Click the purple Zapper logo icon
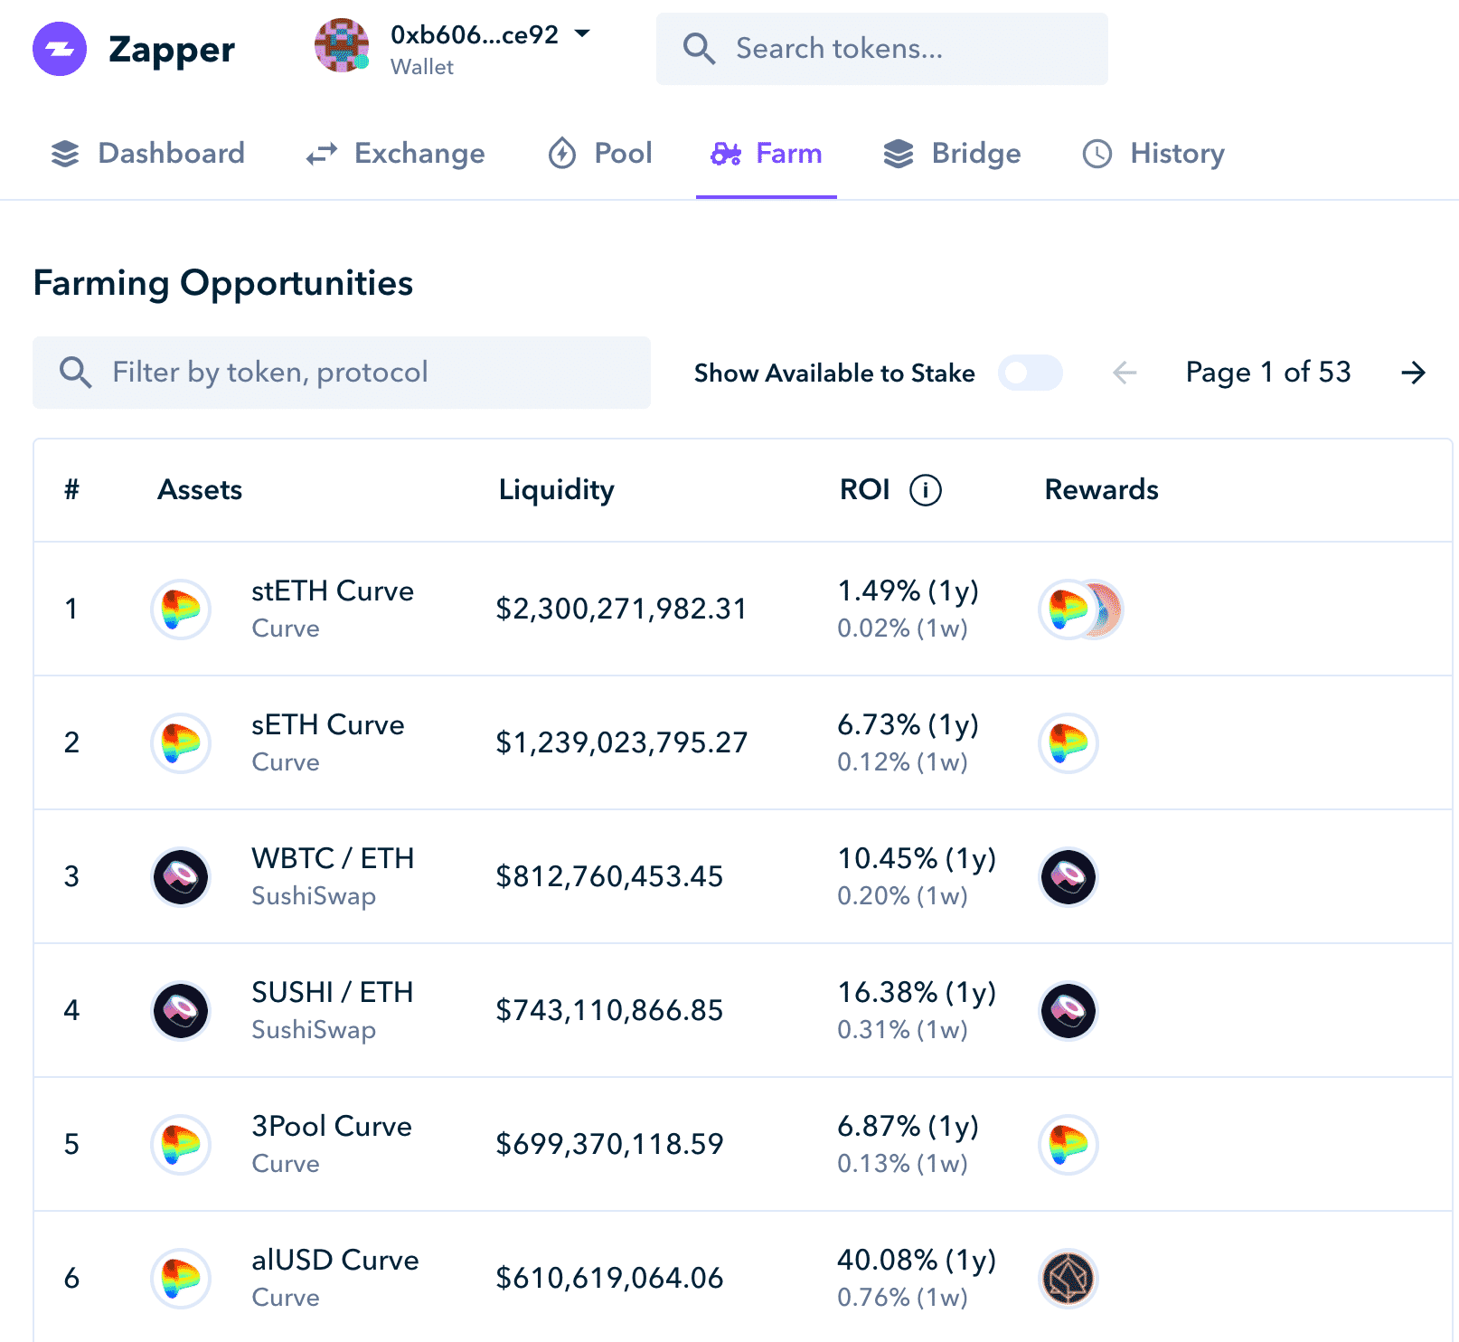tap(60, 49)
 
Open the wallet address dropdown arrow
tap(582, 33)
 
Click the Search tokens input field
tap(881, 49)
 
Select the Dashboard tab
tap(147, 154)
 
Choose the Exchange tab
tap(395, 154)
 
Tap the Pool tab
tap(600, 154)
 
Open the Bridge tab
tap(952, 154)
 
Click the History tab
tap(1153, 154)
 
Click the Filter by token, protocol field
tap(342, 373)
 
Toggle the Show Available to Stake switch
tap(1030, 373)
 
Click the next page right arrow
tap(1413, 373)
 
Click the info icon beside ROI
tap(925, 490)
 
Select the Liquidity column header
tap(556, 490)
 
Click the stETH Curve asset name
tap(332, 591)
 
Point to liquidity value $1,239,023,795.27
tap(621, 742)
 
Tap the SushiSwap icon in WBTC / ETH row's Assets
tap(181, 876)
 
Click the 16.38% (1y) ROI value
tap(916, 993)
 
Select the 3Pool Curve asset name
tap(331, 1127)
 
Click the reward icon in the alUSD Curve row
tap(1068, 1279)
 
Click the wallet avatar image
tap(342, 45)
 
